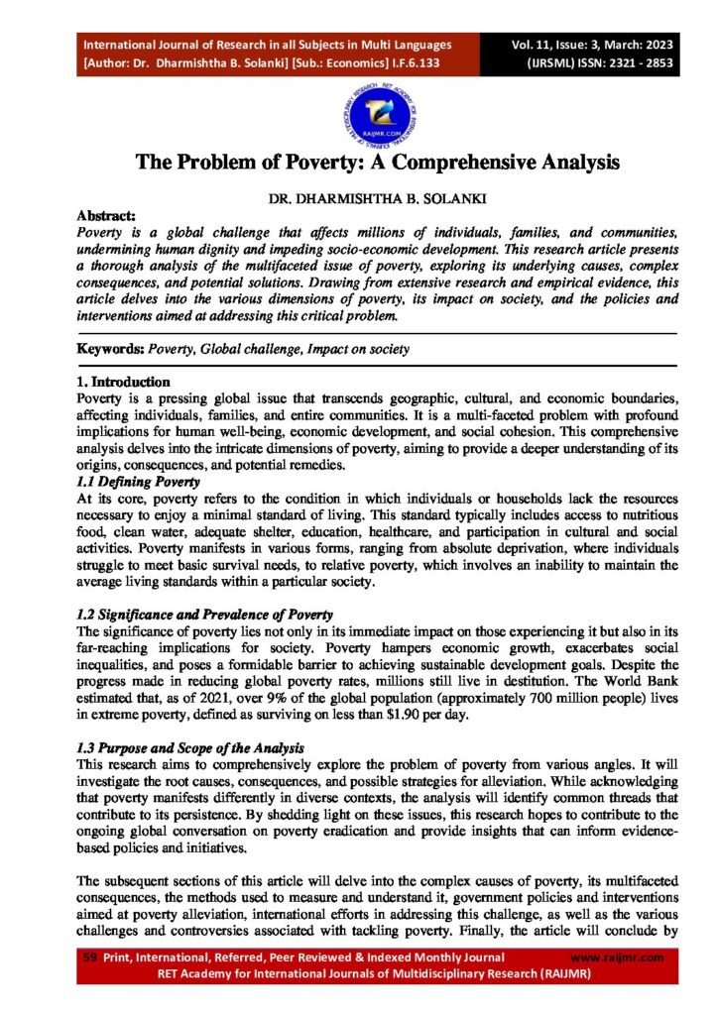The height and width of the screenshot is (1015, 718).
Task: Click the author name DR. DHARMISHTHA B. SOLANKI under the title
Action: [359, 197]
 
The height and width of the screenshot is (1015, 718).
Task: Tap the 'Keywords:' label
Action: [110, 350]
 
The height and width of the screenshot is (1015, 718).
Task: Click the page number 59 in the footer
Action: [88, 957]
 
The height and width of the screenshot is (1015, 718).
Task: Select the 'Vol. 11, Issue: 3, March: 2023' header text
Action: [580, 46]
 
